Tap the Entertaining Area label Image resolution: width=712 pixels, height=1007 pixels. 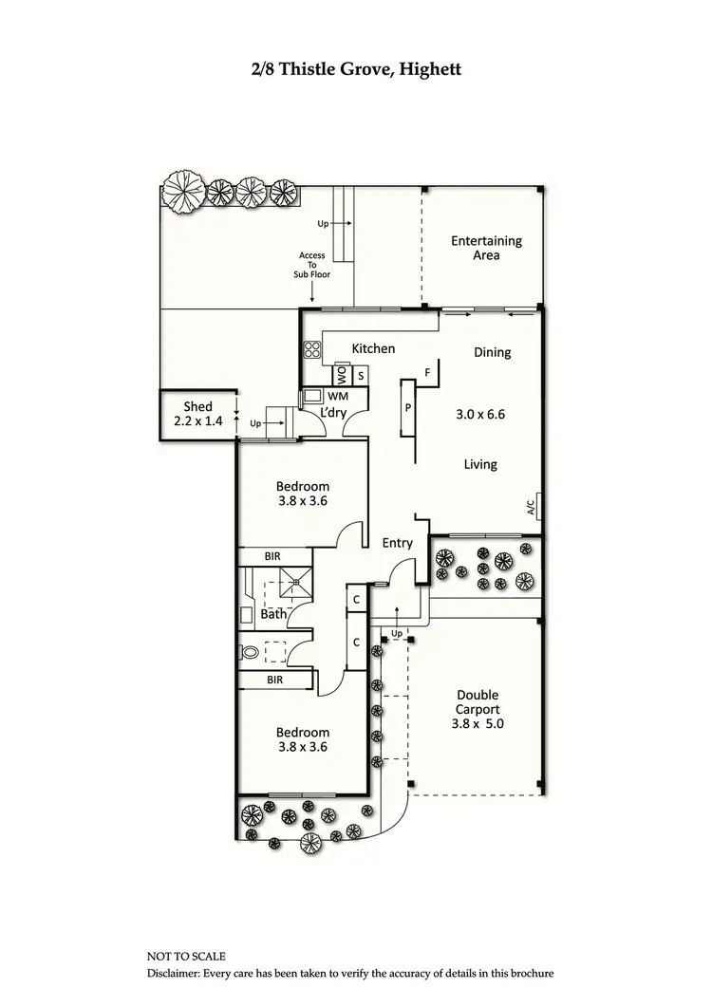(x=486, y=248)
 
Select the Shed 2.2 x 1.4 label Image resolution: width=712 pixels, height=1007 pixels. (x=197, y=413)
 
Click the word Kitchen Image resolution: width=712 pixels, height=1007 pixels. (x=373, y=348)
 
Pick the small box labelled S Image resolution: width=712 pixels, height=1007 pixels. (x=361, y=375)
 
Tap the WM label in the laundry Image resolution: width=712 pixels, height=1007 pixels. (x=338, y=395)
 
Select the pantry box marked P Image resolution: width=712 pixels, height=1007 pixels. (x=407, y=407)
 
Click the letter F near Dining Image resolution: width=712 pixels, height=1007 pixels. (x=428, y=373)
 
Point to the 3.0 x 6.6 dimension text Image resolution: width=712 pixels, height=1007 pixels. (x=485, y=415)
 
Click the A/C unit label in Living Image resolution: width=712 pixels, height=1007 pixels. (x=532, y=507)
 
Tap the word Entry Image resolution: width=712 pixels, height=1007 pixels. (x=397, y=543)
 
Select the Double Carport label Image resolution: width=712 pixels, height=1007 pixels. (x=477, y=709)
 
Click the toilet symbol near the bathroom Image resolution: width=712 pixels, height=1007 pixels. (x=250, y=652)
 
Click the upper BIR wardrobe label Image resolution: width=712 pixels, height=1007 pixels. (x=272, y=556)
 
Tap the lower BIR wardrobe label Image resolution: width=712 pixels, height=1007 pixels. (x=274, y=681)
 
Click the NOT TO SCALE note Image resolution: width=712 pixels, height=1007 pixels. (x=186, y=956)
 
